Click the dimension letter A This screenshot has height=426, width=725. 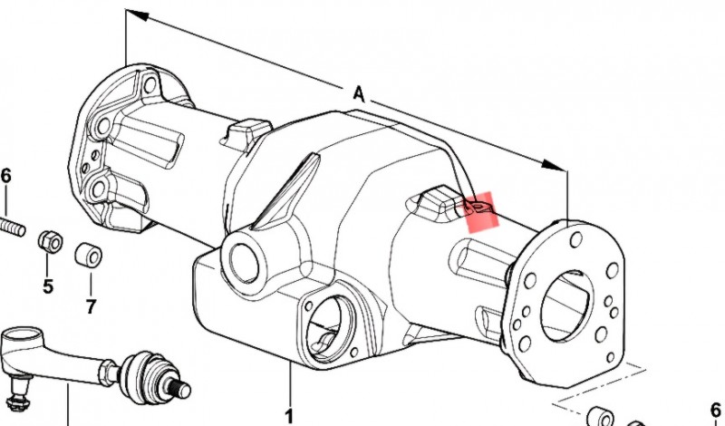pos(359,94)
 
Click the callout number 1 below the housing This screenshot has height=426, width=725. pos(289,416)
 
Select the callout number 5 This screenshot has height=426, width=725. pos(48,286)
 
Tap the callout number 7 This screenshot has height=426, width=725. pos(91,305)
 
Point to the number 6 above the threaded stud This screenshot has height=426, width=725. pos(5,176)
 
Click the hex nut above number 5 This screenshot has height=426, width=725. pos(50,241)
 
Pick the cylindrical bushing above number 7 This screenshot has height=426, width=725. pos(88,255)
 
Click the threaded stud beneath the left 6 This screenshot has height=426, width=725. pos(12,228)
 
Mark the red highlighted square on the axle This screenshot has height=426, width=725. pos(483,211)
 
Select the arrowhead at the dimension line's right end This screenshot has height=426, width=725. pos(553,165)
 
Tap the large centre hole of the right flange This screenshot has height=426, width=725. pos(566,305)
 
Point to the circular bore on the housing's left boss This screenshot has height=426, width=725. pos(244,263)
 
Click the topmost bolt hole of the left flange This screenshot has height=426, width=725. pos(150,84)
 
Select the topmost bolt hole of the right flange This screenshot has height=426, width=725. pos(576,239)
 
